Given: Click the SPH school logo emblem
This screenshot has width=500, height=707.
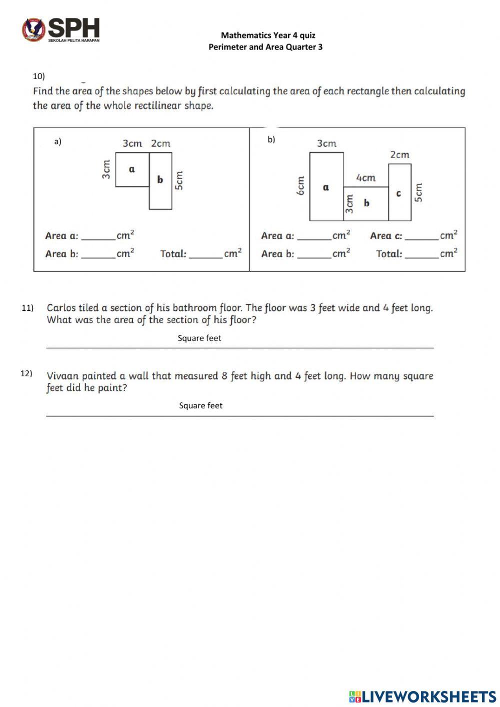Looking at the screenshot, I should [33, 30].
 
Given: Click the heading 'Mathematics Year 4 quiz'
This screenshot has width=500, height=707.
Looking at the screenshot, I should [268, 35].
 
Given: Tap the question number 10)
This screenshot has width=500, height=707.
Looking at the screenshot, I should [38, 76].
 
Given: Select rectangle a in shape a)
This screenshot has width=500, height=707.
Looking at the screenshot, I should [132, 170].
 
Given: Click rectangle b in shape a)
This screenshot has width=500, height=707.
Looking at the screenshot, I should [160, 181].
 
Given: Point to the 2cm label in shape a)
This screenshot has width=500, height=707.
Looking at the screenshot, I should [160, 144].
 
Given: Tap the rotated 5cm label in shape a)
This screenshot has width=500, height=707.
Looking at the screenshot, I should [179, 181].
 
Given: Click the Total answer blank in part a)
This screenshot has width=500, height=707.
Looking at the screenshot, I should [205, 254].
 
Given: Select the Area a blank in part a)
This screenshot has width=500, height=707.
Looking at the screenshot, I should [98, 236].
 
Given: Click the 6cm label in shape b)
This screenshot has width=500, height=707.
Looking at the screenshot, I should [300, 186].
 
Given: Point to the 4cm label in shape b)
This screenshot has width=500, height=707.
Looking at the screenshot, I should [365, 178].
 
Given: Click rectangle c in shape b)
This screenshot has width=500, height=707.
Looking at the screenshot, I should [399, 193].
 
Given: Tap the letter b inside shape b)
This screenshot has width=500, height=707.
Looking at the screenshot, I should [366, 203].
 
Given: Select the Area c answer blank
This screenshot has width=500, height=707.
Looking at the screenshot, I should [421, 236].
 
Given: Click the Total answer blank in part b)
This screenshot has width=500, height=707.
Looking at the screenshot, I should [421, 254].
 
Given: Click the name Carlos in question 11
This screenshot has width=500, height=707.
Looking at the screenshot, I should [61, 308].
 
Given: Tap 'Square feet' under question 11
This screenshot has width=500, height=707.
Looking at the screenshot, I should [199, 338].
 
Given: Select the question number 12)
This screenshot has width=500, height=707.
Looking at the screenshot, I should [26, 373].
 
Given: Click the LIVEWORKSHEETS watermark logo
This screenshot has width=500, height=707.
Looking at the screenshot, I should [422, 696].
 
